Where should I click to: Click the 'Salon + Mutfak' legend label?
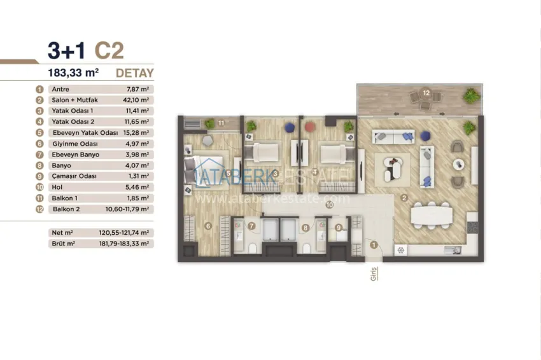click(75, 100)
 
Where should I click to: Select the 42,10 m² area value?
click(136, 100)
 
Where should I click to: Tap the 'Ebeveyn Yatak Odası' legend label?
click(85, 133)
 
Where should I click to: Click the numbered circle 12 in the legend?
click(39, 209)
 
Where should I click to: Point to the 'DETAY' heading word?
click(134, 73)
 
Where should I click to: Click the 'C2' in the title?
click(109, 50)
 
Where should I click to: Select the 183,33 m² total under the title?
click(73, 73)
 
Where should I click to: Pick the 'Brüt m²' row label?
click(64, 244)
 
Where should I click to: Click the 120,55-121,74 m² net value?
click(124, 233)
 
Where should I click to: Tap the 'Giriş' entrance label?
click(374, 273)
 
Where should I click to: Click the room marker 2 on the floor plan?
click(404, 198)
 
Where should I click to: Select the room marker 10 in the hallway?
click(330, 205)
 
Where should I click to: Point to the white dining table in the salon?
click(432, 216)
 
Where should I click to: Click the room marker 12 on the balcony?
click(426, 93)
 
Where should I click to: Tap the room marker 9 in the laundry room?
click(339, 228)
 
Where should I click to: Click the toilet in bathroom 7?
click(252, 248)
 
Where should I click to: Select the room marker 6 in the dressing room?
click(207, 226)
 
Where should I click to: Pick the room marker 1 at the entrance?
click(374, 245)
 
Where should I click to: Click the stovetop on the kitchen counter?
click(472, 227)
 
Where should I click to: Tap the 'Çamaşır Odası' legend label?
click(74, 176)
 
